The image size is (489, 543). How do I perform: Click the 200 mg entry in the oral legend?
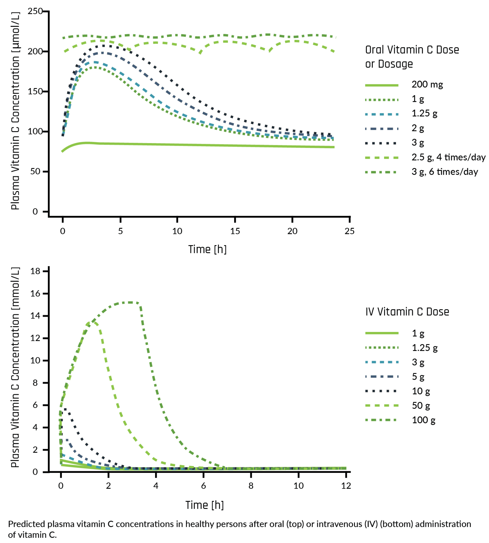pos(427,85)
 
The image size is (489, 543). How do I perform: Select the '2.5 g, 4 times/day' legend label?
pos(448,157)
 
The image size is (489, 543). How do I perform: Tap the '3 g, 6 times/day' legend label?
pos(445,172)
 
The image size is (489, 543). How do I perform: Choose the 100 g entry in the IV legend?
pos(423,420)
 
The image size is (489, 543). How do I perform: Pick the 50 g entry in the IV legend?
pos(421,406)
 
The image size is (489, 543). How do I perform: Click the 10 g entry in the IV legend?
pos(421,391)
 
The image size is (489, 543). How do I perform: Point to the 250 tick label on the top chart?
pos(35,11)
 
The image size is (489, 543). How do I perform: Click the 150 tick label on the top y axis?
pos(35,91)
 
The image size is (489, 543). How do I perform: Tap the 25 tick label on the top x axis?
pos(349,231)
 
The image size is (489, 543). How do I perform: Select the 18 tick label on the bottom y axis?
pos(35,271)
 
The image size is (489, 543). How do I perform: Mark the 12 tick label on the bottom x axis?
pos(346,486)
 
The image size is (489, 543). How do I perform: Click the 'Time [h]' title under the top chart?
pos(207,249)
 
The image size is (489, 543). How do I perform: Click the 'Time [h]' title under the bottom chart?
pos(204,505)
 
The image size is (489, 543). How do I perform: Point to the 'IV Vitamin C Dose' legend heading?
pos(407,312)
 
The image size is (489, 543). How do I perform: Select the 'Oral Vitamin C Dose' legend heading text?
pos(412,50)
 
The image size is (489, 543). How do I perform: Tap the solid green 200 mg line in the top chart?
pos(190,145)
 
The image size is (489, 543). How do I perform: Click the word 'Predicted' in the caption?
pos(27,524)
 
